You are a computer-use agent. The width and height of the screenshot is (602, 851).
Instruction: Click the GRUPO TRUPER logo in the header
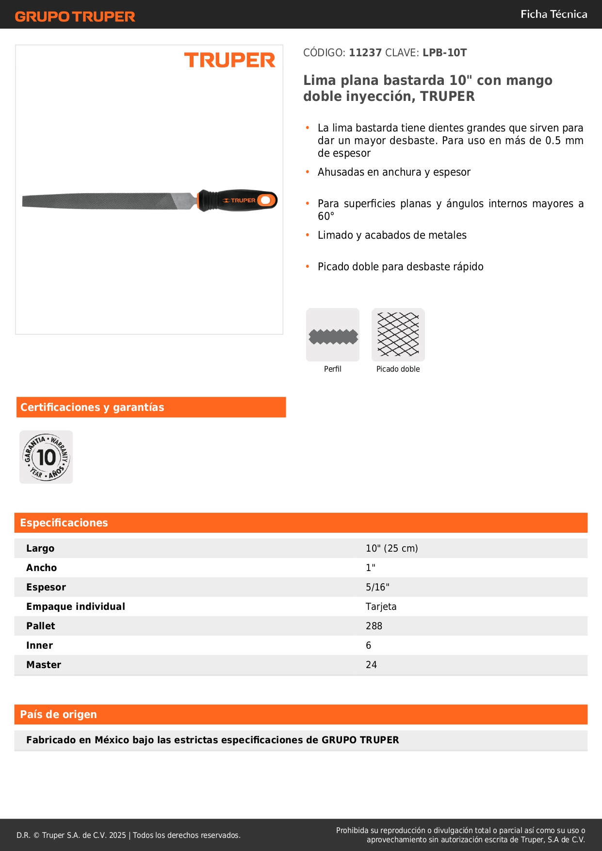[x=75, y=16]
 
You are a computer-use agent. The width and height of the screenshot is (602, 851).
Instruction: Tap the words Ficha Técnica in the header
[x=553, y=14]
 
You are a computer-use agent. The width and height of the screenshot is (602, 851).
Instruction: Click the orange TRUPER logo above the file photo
[x=229, y=60]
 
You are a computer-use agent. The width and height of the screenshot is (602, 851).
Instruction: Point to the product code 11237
[x=365, y=52]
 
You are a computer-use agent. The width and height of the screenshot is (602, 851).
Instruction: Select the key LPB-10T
[x=444, y=52]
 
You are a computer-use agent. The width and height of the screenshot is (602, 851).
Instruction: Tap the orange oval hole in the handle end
[x=265, y=200]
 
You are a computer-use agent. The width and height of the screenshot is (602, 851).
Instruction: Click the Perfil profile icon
[x=333, y=335]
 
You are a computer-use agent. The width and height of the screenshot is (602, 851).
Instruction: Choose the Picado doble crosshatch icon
[x=398, y=335]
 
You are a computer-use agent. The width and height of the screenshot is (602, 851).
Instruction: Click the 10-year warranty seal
[x=46, y=457]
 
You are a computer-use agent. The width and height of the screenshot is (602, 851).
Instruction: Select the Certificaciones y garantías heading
[x=92, y=407]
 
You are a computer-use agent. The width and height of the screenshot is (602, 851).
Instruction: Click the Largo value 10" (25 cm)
[x=391, y=548]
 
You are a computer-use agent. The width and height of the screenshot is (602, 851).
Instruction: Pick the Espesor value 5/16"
[x=377, y=587]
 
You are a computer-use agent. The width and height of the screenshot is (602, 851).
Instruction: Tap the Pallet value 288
[x=374, y=626]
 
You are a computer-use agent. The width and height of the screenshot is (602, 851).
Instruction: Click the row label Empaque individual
[x=76, y=606]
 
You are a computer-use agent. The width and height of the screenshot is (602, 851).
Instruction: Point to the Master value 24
[x=371, y=665]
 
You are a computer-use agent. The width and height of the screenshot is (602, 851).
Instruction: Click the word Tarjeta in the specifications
[x=381, y=606]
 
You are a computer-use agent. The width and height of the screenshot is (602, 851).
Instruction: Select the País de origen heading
[x=58, y=714]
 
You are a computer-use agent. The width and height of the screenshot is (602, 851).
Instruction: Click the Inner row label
[x=39, y=645]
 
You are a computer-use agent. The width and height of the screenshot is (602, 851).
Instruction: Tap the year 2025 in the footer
[x=117, y=835]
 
